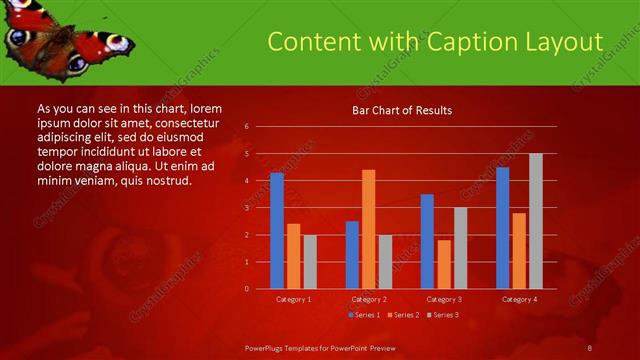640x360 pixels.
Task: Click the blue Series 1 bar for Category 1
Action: (277, 231)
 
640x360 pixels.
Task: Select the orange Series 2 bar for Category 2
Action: (369, 229)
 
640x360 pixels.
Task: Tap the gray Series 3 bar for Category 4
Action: (536, 221)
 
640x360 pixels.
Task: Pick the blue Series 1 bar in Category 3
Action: (427, 241)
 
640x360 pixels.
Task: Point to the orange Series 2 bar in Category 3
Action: (444, 264)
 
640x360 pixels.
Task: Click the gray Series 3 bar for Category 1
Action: (310, 262)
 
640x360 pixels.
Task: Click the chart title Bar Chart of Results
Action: (402, 110)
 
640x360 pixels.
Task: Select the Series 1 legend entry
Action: (363, 315)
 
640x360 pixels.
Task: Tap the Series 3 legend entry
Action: (444, 315)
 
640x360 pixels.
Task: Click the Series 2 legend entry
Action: (403, 315)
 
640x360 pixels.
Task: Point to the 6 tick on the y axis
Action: (246, 127)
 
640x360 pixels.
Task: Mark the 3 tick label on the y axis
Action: (246, 208)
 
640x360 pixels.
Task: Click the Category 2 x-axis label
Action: (369, 299)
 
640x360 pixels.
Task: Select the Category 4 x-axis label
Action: (518, 299)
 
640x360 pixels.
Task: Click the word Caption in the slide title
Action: (470, 42)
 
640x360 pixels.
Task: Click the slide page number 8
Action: (590, 347)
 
